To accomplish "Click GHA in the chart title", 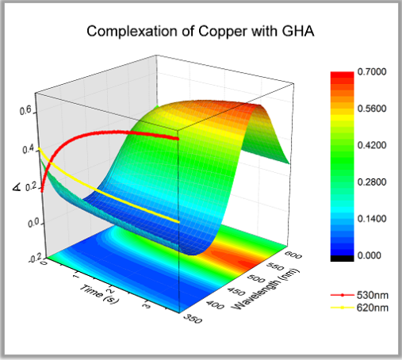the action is point(298,31).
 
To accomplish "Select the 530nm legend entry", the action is point(359,295).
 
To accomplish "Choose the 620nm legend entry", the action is point(359,308).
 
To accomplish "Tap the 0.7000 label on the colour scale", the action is point(372,71).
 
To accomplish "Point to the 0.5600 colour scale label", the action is point(372,109).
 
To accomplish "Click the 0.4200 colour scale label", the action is point(372,145).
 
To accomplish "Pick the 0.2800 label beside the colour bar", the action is point(372,182).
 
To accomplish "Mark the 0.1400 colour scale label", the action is point(372,219).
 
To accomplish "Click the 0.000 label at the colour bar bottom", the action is point(369,255).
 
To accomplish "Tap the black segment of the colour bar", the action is point(342,259).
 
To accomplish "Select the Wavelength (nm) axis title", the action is point(266,289).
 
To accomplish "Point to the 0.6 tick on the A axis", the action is point(25,110).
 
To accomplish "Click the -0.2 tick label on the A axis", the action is point(35,258).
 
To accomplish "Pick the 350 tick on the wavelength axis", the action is point(193,319).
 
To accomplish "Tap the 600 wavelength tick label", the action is point(293,255).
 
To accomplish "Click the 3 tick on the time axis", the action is point(147,305).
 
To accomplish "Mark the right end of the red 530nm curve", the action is point(178,139).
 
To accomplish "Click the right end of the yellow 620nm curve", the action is point(178,221).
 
